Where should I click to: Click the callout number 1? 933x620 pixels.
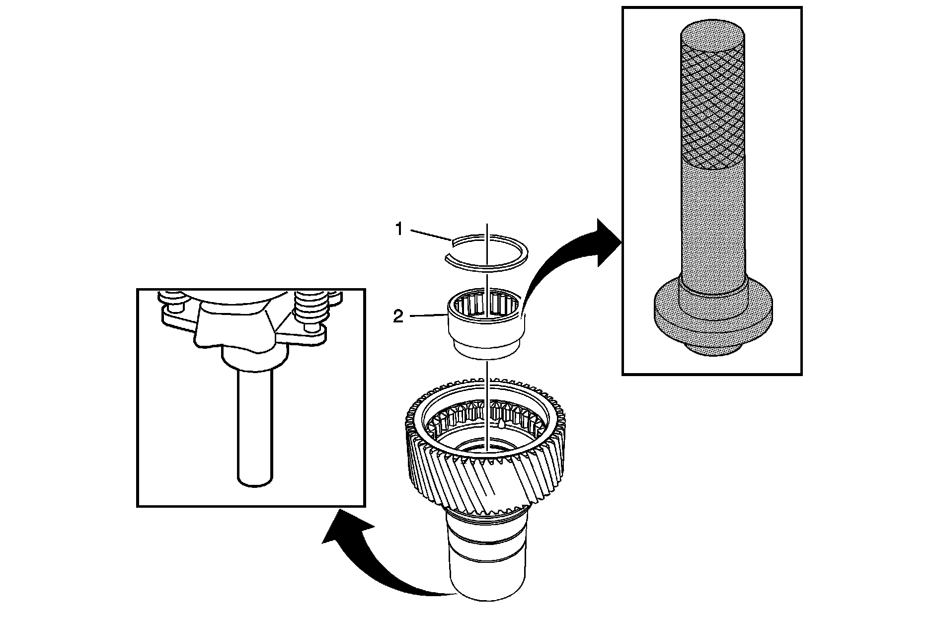(x=398, y=230)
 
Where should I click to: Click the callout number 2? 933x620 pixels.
(x=398, y=317)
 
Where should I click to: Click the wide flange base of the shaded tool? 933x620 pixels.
(x=712, y=318)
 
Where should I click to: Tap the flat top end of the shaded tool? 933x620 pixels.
(x=712, y=29)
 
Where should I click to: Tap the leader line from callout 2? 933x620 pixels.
(x=427, y=315)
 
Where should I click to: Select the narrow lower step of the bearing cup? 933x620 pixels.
(x=486, y=349)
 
